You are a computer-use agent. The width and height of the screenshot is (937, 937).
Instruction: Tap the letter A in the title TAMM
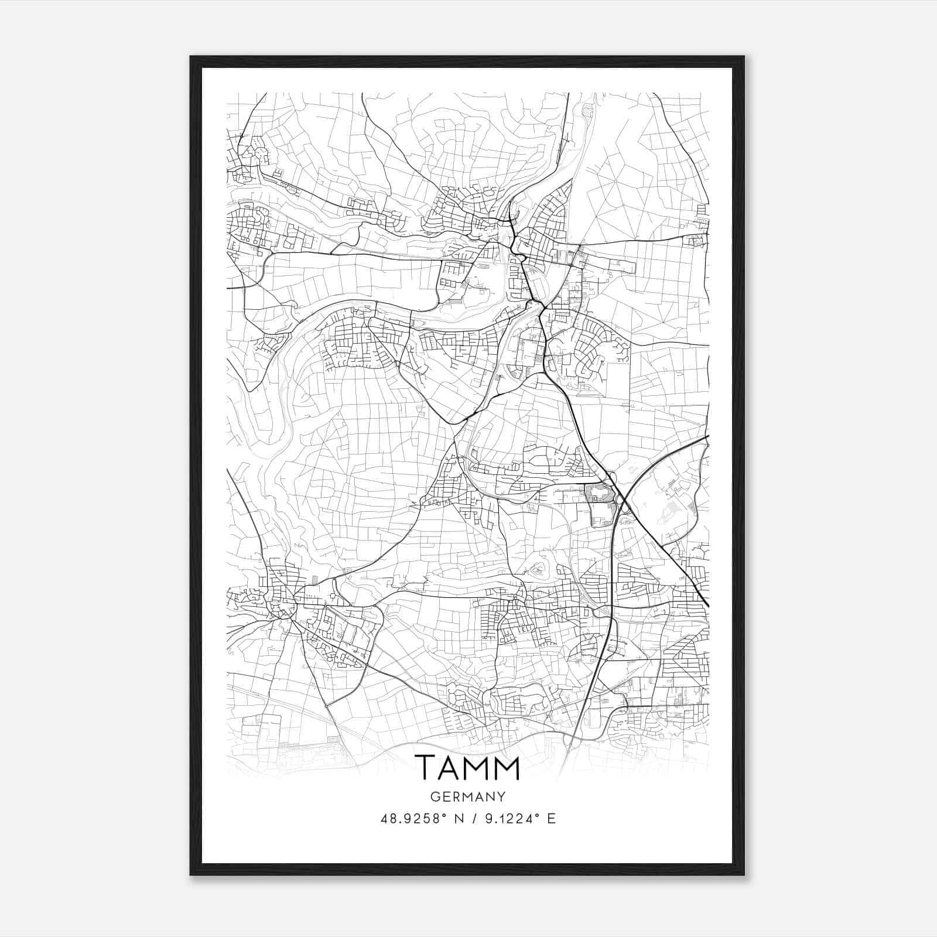(x=452, y=768)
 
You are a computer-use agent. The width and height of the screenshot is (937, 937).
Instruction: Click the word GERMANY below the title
(x=467, y=797)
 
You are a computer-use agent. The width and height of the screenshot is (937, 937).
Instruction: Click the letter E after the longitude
(x=551, y=819)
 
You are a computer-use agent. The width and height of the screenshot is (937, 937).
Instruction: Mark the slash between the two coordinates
(x=473, y=819)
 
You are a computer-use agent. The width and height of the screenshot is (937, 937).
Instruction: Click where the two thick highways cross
(x=623, y=502)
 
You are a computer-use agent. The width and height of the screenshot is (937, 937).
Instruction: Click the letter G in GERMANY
(x=433, y=797)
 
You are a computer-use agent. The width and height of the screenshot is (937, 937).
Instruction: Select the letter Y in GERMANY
(x=502, y=797)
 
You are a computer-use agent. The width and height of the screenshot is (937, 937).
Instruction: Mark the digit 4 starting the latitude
(x=384, y=819)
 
